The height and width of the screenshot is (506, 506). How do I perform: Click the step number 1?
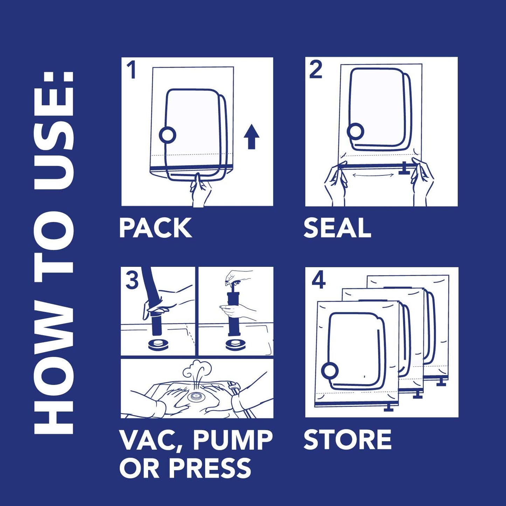[x=131, y=70]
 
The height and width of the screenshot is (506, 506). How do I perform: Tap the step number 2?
[x=316, y=70]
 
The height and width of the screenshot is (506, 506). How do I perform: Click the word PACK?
[x=155, y=228]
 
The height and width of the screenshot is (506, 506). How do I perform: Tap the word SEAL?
[x=337, y=228]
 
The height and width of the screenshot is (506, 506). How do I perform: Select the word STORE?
[x=347, y=440]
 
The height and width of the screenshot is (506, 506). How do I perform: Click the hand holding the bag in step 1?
[x=200, y=191]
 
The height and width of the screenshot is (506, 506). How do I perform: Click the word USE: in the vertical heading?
[x=55, y=130]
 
